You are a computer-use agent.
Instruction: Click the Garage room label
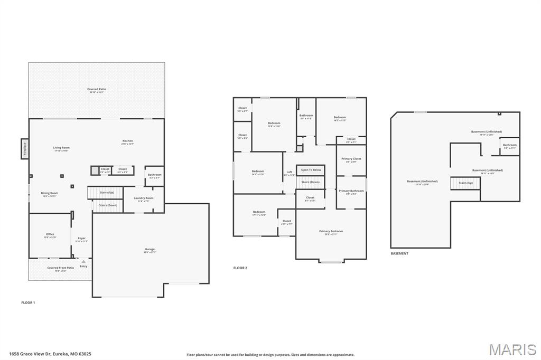pyautogui.click(x=150, y=249)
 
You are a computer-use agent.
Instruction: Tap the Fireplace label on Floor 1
pyautogui.click(x=24, y=148)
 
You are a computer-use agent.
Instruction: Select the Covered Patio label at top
pyautogui.click(x=97, y=89)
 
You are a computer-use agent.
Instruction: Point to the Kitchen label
pyautogui.click(x=128, y=141)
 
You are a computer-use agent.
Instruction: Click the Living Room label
pyautogui.click(x=61, y=148)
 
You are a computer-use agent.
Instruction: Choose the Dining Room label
pyautogui.click(x=50, y=193)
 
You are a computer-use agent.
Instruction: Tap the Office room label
pyautogui.click(x=50, y=234)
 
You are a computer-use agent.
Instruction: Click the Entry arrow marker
pyautogui.click(x=83, y=261)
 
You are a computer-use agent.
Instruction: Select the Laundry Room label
pyautogui.click(x=143, y=198)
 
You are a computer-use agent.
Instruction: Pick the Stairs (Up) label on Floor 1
pyautogui.click(x=107, y=193)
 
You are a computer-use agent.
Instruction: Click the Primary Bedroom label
pyautogui.click(x=331, y=231)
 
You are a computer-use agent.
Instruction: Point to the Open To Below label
pyautogui.click(x=311, y=170)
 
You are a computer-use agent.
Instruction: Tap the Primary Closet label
pyautogui.click(x=351, y=159)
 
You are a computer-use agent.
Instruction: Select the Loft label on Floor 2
pyautogui.click(x=290, y=172)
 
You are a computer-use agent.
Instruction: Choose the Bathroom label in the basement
pyautogui.click(x=509, y=145)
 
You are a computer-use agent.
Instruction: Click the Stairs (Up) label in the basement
pyautogui.click(x=465, y=183)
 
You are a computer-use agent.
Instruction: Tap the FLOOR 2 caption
pyautogui.click(x=240, y=268)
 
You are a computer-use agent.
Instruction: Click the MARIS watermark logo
pyautogui.click(x=512, y=349)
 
